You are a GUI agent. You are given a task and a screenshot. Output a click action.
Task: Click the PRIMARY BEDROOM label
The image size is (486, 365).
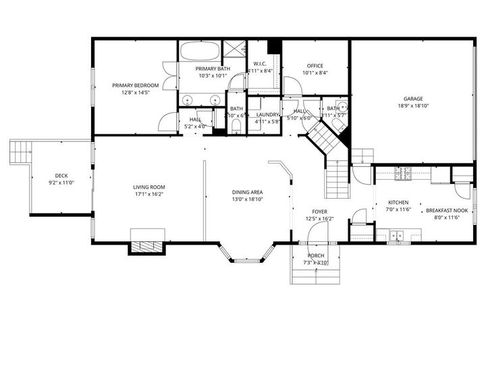[135, 85]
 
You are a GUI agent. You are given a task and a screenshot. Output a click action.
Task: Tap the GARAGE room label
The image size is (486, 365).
[412, 98]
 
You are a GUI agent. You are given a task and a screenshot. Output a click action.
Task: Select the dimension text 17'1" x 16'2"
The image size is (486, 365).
[148, 195]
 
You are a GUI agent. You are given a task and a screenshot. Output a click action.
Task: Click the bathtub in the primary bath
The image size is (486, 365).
[200, 51]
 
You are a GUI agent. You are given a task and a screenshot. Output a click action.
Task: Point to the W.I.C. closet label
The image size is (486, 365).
[260, 64]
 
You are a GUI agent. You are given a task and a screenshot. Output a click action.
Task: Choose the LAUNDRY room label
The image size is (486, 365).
[268, 114]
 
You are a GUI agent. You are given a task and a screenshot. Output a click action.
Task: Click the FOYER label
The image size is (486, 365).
[319, 212]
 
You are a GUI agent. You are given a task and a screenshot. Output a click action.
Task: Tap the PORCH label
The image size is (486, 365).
[315, 255]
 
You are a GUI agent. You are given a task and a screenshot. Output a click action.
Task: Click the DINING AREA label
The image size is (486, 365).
[247, 192]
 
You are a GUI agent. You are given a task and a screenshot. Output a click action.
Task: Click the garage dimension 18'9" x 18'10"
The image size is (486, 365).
[412, 106]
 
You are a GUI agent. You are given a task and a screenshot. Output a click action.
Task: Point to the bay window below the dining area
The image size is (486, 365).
[244, 255]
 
